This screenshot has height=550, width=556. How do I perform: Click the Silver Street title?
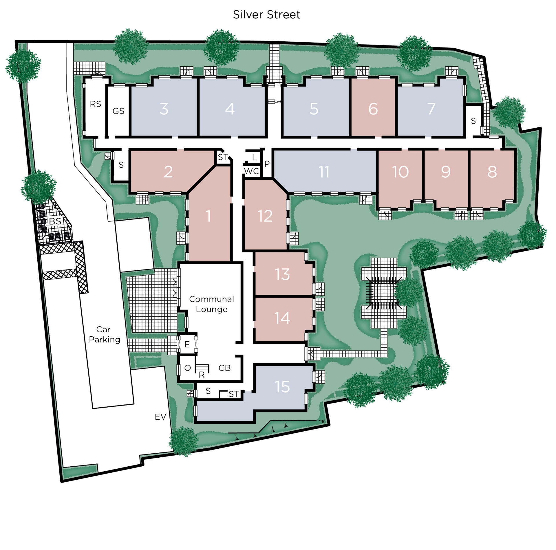266,14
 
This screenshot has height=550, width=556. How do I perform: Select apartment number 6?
373,109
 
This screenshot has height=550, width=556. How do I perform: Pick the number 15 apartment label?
282,386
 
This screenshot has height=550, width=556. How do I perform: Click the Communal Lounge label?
211,304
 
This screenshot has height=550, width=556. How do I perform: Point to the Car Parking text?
104,334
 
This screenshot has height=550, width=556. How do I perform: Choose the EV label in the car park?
160,417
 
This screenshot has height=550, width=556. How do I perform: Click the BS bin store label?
55,221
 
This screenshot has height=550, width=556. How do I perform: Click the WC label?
251,171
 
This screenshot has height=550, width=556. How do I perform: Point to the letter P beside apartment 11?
267,164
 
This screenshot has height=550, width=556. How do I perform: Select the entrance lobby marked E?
187,344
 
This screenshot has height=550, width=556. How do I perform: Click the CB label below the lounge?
224,368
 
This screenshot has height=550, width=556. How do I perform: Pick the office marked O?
188,368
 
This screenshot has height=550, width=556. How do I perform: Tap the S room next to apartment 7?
473,121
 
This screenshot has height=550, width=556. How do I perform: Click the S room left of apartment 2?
121,165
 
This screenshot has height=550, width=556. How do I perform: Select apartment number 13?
282,274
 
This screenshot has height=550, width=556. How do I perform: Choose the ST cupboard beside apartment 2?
223,157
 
